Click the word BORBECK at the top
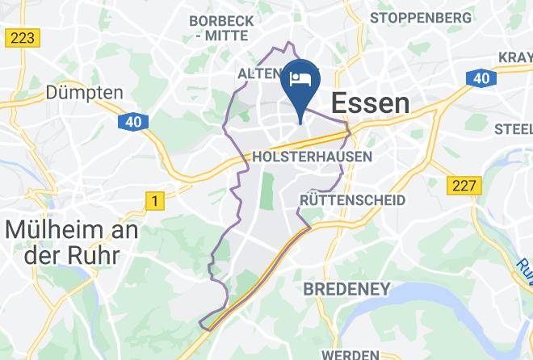tap(221, 19)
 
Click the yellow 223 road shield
tap(22, 37)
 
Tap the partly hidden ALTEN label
tap(257, 74)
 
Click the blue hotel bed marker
tap(300, 80)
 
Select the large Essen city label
tap(371, 103)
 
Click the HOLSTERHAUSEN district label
tap(313, 157)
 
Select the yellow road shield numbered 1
tap(153, 199)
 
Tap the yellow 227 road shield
tap(465, 186)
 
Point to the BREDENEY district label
tap(346, 288)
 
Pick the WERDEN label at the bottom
tap(350, 354)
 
